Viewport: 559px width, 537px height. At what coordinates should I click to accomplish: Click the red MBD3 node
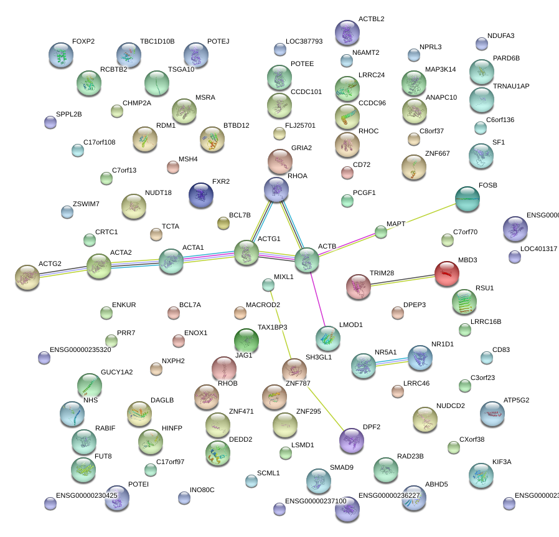click(x=446, y=274)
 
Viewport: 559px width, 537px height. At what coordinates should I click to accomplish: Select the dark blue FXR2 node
click(x=200, y=196)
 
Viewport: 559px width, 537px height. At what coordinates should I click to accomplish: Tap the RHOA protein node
click(x=276, y=189)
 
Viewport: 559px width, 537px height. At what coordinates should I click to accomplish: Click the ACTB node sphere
click(x=306, y=260)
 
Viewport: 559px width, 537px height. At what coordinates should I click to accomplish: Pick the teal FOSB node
click(x=467, y=199)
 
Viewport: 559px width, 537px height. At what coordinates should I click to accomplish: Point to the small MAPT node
click(x=381, y=232)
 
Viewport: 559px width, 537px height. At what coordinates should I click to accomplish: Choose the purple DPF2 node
click(x=352, y=440)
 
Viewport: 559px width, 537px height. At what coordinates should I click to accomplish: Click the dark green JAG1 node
click(x=246, y=341)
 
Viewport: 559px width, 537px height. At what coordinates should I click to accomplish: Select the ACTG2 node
click(x=27, y=277)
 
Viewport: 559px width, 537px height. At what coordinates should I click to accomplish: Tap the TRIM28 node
click(x=359, y=286)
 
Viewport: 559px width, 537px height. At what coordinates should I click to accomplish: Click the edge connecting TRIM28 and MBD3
click(x=403, y=280)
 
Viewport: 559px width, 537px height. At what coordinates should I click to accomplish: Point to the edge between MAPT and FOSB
click(x=423, y=216)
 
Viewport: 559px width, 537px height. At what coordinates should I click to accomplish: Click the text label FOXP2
click(x=83, y=42)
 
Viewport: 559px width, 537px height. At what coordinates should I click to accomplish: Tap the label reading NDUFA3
click(x=501, y=36)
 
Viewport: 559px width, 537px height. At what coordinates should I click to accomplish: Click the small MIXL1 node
click(x=268, y=285)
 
